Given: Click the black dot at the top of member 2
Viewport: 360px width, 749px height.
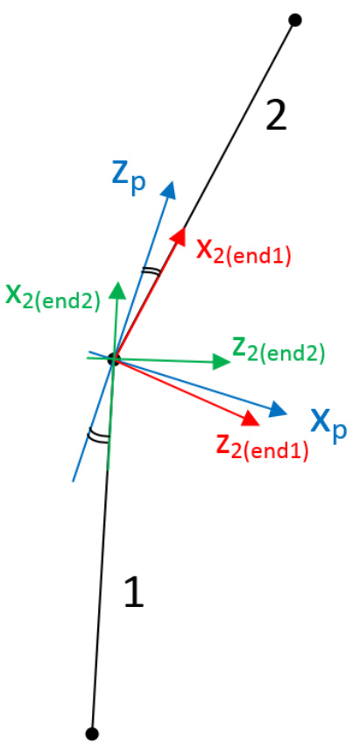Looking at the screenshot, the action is (295, 20).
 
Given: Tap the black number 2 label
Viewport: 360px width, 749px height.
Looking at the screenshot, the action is (276, 118).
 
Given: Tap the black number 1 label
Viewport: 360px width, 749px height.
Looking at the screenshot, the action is (134, 592).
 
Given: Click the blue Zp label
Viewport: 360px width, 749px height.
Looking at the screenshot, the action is (128, 178).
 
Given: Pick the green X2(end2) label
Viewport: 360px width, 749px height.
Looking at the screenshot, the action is (53, 298).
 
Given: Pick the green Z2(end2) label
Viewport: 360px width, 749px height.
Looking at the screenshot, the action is (279, 351).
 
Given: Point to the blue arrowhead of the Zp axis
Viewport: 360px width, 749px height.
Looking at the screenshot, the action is (168, 189).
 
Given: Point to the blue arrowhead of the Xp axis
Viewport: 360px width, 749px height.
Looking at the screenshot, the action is (278, 409).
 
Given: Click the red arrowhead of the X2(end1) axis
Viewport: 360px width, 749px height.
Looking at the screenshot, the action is (178, 237).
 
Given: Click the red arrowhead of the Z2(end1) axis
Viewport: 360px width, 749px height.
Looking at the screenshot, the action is (251, 418).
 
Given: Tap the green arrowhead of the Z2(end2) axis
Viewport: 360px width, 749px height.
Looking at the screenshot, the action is (222, 362).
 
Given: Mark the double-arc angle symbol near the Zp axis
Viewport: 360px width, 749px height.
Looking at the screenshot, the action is (150, 272).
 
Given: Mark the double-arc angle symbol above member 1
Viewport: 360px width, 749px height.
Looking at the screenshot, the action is (99, 435).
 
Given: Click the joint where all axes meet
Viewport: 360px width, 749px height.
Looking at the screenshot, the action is (114, 359).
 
